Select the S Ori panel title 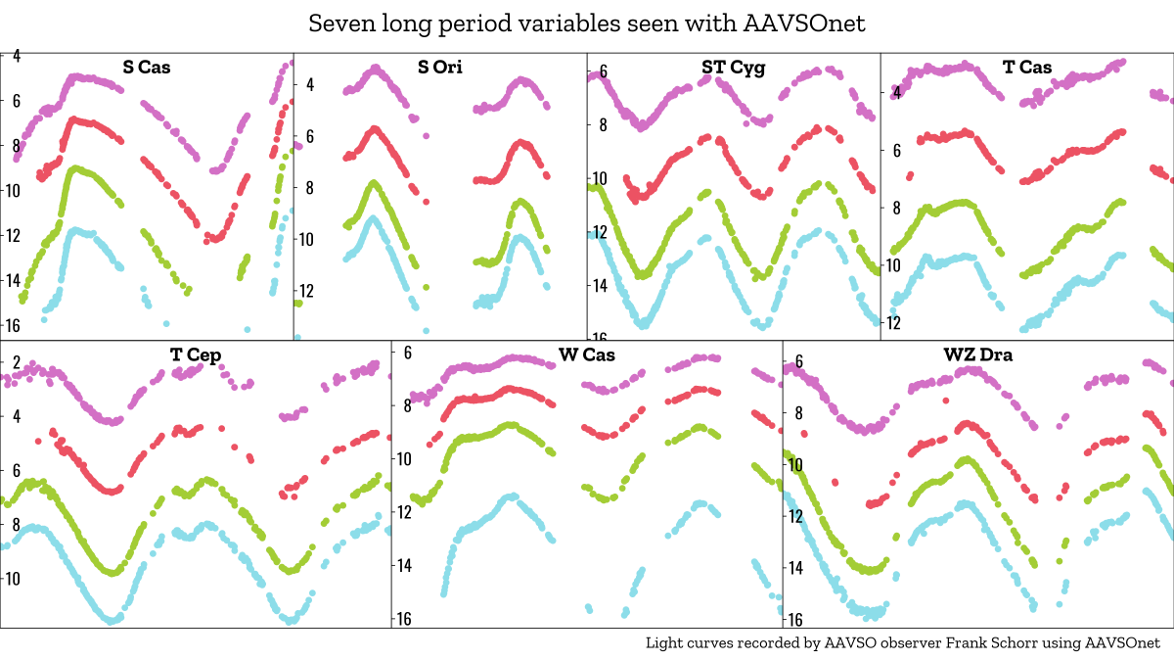[440, 68]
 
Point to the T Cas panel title [1027, 68]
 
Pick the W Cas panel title [587, 355]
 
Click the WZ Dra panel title [978, 355]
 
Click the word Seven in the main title [338, 24]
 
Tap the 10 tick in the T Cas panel [893, 265]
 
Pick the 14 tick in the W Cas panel [404, 565]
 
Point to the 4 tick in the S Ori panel [310, 85]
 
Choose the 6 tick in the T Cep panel [17, 471]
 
